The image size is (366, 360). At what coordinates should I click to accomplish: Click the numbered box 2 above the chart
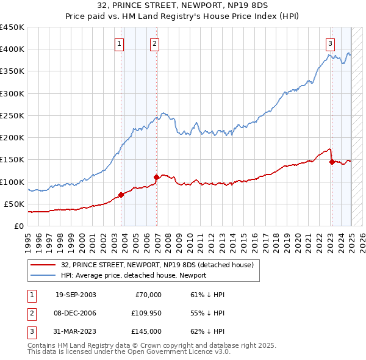[155, 43]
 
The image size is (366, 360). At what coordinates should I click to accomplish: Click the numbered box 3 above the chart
[330, 43]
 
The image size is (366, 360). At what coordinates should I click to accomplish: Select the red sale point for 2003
[121, 195]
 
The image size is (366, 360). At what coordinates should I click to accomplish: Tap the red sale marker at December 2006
[157, 177]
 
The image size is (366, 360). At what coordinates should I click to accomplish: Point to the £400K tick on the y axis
[13, 49]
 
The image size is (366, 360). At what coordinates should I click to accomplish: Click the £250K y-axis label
[13, 115]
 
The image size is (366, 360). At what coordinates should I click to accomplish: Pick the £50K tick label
[15, 204]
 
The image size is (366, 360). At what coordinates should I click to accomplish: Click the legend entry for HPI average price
[133, 275]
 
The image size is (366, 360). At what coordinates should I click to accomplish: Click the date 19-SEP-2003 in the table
[76, 295]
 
